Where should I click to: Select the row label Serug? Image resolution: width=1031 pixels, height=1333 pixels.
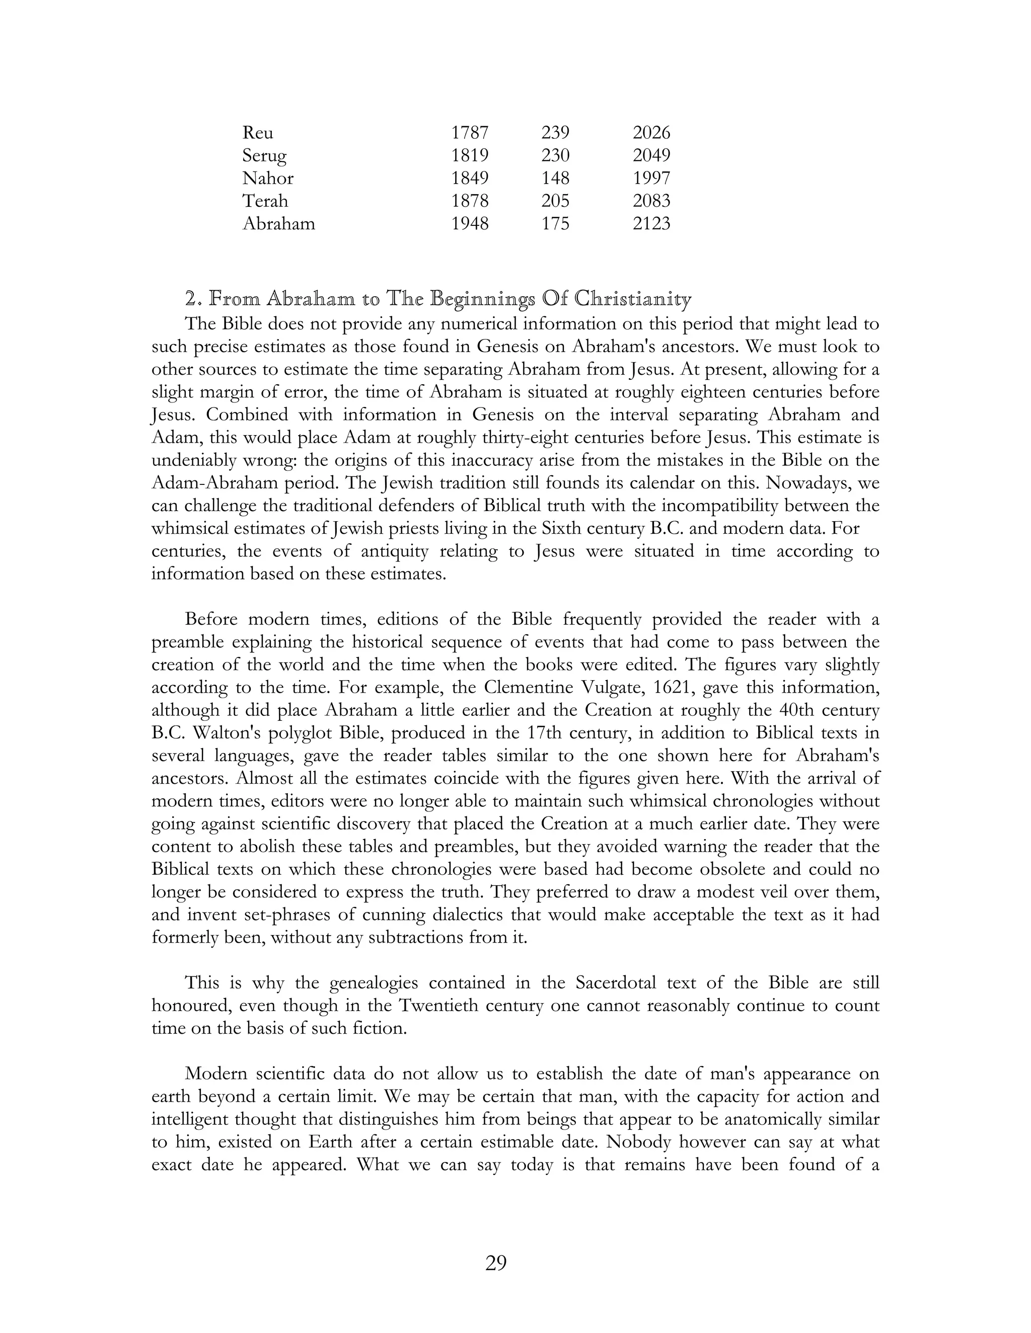pyautogui.click(x=264, y=155)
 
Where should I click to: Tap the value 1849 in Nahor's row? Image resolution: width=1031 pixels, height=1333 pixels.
pyautogui.click(x=469, y=178)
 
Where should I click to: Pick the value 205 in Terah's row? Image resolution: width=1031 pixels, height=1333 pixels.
pyautogui.click(x=555, y=201)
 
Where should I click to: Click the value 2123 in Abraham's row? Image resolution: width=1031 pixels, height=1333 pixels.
pyautogui.click(x=651, y=223)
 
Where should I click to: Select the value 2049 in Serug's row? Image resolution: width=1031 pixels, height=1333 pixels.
pyautogui.click(x=651, y=155)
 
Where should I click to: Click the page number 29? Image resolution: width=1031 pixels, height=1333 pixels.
pyautogui.click(x=495, y=1262)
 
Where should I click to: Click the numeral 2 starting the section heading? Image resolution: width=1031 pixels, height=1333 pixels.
pyautogui.click(x=191, y=299)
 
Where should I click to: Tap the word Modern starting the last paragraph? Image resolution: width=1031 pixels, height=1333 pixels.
pyautogui.click(x=215, y=1073)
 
